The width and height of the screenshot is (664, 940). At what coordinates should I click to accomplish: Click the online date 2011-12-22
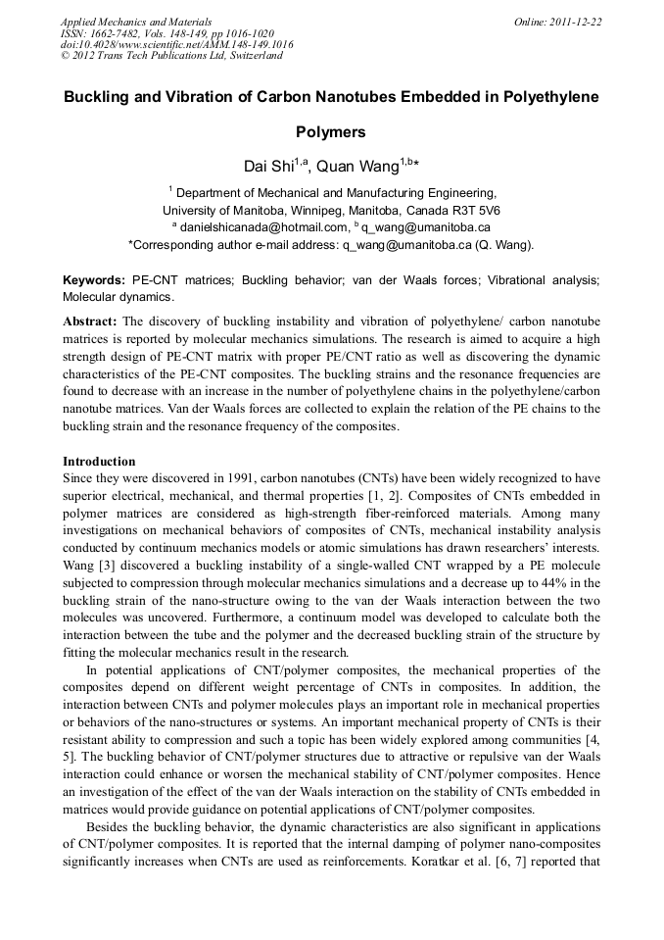[578, 21]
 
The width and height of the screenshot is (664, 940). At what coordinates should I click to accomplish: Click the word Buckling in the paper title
[99, 98]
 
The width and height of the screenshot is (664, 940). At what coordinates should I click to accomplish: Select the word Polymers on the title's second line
[331, 132]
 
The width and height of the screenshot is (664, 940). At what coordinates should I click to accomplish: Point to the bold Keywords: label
[93, 280]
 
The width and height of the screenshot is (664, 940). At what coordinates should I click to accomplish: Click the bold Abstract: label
[90, 322]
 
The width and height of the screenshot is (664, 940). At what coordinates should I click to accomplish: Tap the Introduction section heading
[99, 462]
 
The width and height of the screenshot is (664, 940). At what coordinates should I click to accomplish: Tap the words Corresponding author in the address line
[184, 244]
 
